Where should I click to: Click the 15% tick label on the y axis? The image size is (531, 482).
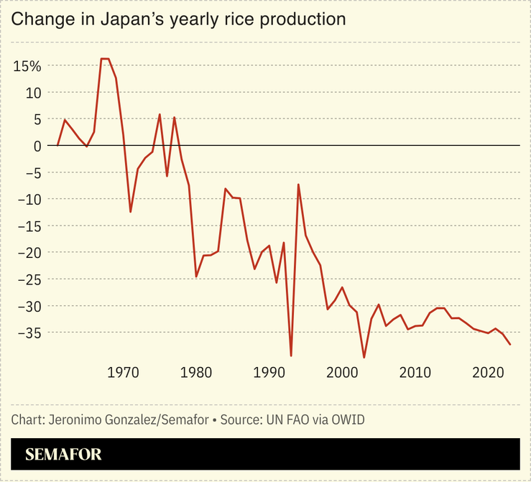click(28, 66)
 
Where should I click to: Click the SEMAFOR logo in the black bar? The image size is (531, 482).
click(63, 454)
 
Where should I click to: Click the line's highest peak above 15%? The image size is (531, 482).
click(105, 59)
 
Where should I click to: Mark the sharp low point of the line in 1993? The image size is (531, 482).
click(291, 356)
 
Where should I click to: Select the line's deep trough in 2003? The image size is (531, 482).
click(364, 357)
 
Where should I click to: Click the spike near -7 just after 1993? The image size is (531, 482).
click(298, 185)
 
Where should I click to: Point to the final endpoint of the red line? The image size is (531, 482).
click(510, 345)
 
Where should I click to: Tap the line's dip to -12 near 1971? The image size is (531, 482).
click(131, 212)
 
